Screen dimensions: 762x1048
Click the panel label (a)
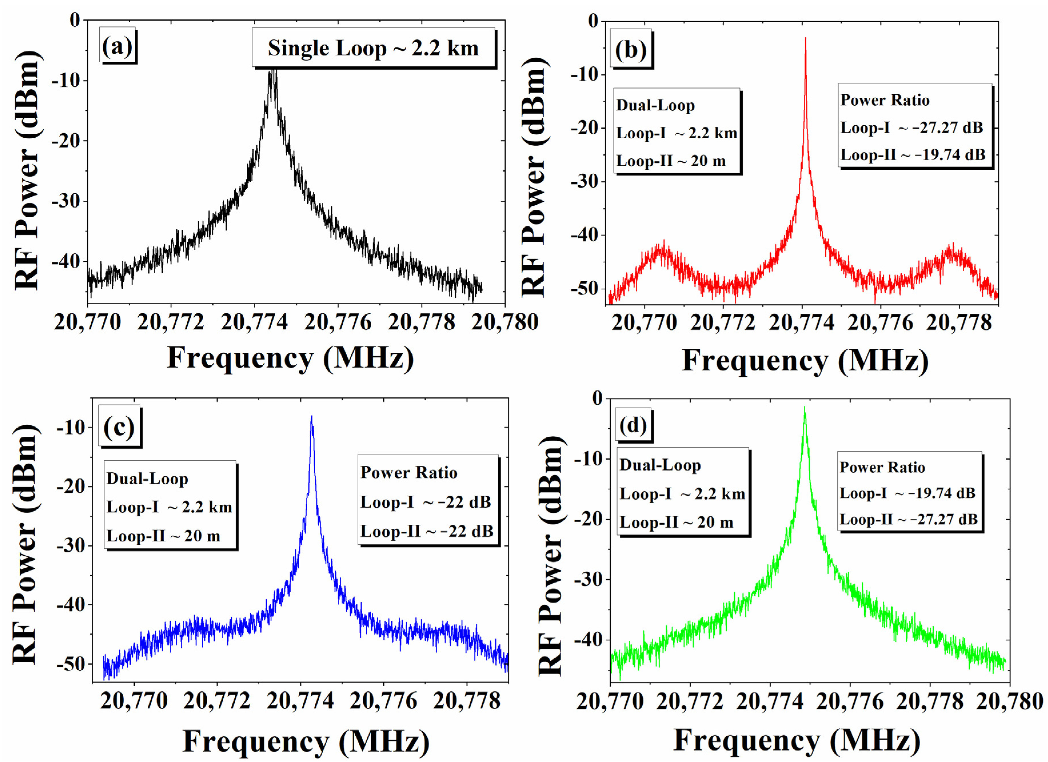(118, 47)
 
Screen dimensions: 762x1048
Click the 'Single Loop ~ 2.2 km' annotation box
(373, 48)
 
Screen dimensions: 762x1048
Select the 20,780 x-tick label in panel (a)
(505, 322)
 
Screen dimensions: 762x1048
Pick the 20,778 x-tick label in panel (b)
(959, 322)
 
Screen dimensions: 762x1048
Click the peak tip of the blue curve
(311, 417)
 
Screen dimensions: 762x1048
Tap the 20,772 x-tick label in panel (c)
(217, 701)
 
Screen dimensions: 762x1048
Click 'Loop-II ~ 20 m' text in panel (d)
(676, 523)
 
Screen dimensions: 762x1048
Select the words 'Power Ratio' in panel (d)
(882, 467)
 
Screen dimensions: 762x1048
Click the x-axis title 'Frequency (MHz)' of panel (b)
(805, 361)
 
